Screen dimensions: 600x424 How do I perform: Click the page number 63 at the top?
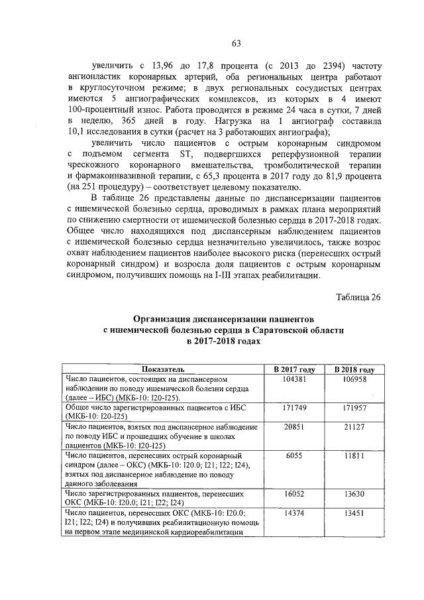click(x=236, y=44)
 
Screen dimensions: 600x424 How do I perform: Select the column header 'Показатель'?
click(x=163, y=369)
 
